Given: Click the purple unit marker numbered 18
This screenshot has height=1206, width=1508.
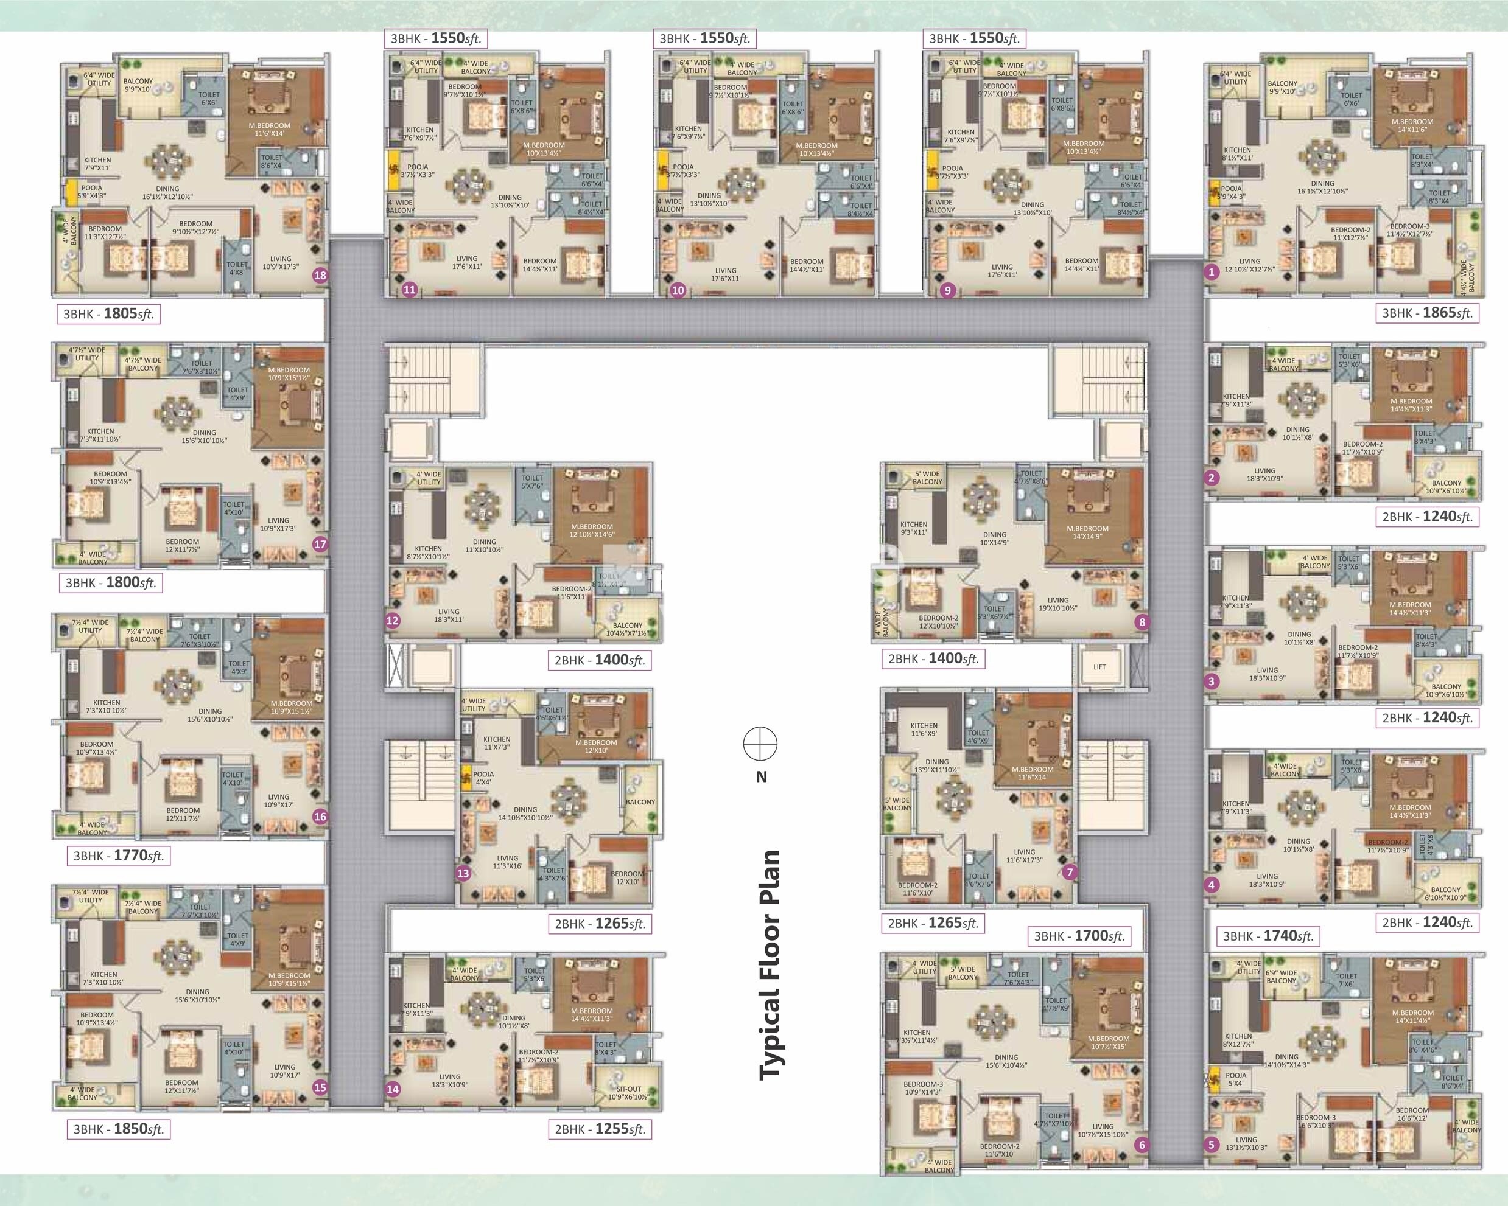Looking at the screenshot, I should [x=320, y=275].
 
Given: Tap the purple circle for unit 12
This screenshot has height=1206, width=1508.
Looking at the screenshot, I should [x=393, y=620].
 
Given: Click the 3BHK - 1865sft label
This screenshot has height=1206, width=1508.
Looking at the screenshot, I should [x=1427, y=313].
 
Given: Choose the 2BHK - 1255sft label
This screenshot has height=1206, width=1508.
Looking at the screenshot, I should [x=600, y=1129].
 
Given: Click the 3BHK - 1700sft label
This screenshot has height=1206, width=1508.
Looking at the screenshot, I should [x=1078, y=935].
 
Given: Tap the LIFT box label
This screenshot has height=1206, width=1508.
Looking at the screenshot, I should [x=1099, y=666].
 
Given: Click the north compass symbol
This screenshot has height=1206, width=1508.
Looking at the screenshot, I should [x=760, y=743].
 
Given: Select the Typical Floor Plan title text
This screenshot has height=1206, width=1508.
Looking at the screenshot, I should [x=770, y=965].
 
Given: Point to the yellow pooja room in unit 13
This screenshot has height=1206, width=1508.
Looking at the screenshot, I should [x=465, y=778].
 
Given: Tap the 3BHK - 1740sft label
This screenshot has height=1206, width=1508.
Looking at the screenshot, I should [x=1268, y=935].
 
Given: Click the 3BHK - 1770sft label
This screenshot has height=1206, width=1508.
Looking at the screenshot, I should [x=119, y=855].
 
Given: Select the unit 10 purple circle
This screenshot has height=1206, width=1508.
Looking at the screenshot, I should [x=677, y=290].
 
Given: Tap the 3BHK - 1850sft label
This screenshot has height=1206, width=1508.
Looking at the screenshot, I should [x=119, y=1129].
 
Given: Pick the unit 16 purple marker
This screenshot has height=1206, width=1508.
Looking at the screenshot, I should [x=320, y=816].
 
